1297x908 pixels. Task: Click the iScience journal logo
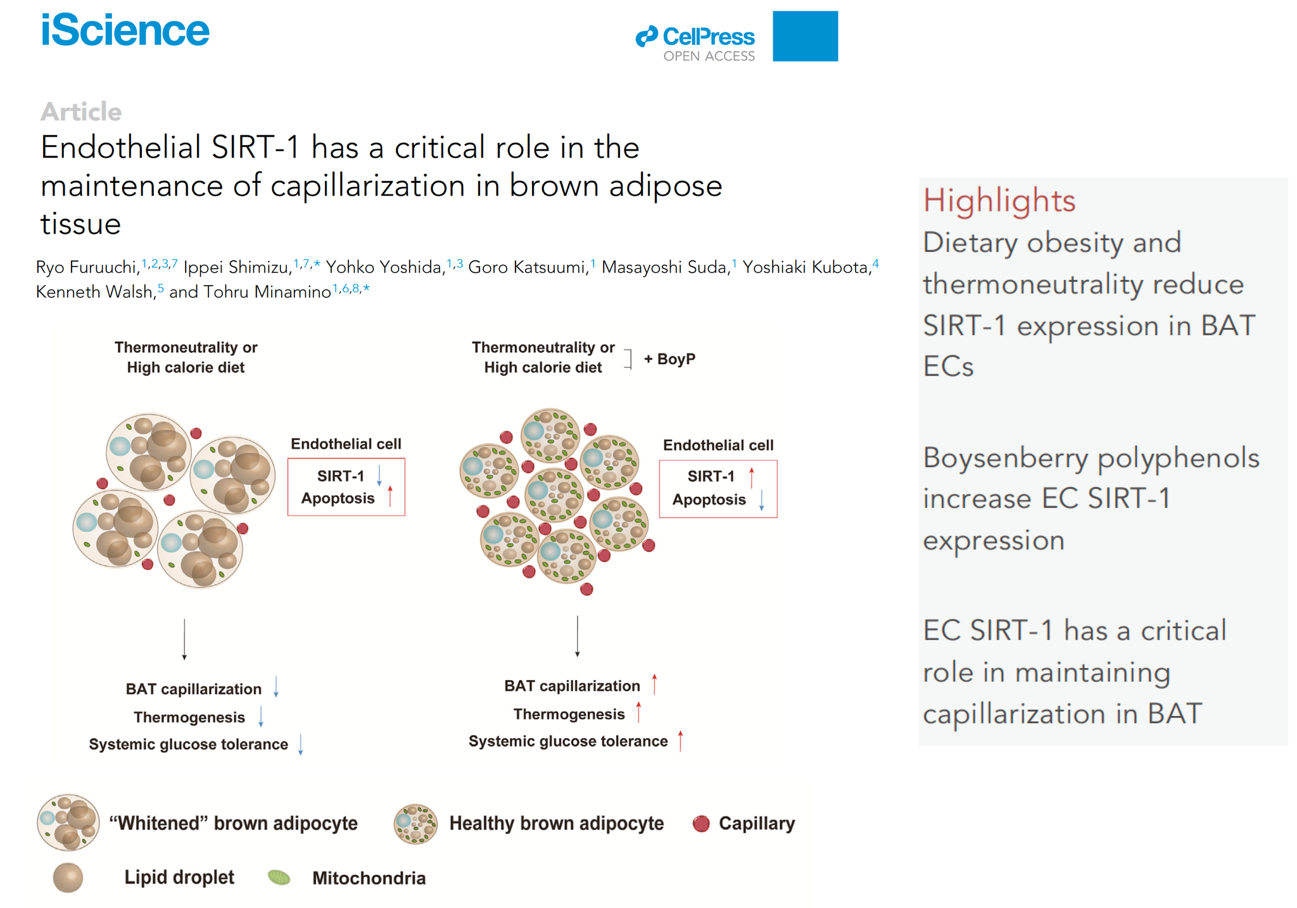[x=125, y=30]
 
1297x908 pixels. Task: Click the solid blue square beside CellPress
[x=805, y=36]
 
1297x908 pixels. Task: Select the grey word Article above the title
[x=81, y=111]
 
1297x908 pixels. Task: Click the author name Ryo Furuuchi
[x=87, y=267]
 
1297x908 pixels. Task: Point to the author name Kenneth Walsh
[x=94, y=291]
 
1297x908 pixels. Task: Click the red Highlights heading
[x=999, y=200]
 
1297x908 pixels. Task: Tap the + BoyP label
[x=669, y=359]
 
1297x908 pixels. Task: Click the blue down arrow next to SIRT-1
[x=379, y=476]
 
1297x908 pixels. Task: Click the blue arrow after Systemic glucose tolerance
[x=301, y=744]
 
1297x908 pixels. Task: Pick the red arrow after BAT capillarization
[x=655, y=684]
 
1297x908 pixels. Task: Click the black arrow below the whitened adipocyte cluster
[x=184, y=640]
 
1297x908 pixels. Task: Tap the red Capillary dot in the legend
[x=701, y=823]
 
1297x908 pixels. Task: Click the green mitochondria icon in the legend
[x=279, y=877]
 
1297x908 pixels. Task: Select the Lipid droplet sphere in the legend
[x=68, y=878]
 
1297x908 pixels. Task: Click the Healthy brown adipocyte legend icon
[x=415, y=824]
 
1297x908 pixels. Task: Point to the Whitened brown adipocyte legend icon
[x=68, y=823]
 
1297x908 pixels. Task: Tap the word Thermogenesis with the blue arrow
[x=189, y=717]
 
